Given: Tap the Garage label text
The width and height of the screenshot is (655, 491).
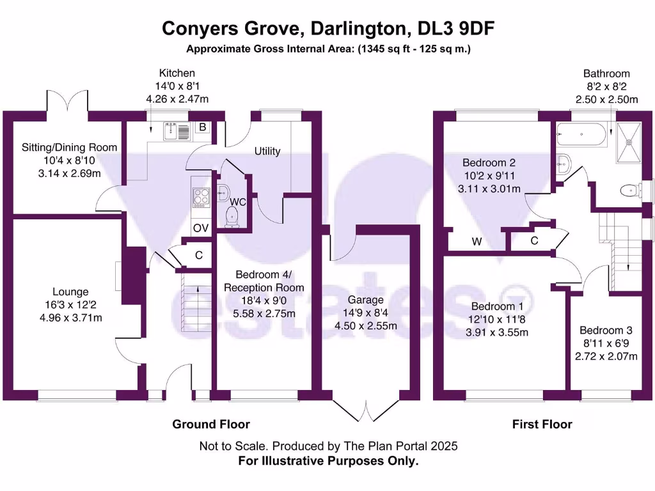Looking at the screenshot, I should [x=365, y=300].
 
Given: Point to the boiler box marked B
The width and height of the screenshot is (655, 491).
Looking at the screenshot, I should [x=202, y=127].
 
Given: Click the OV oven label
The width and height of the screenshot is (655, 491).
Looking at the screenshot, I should [x=200, y=228].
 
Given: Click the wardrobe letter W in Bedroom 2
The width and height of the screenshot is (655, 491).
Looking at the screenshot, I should [x=477, y=242].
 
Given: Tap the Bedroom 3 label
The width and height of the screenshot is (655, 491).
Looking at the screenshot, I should [x=605, y=331].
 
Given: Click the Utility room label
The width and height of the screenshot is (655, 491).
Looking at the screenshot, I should [x=267, y=152].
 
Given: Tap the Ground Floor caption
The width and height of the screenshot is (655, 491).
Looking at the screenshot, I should [x=211, y=424].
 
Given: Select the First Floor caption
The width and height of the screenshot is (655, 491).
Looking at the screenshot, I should [x=542, y=424].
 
